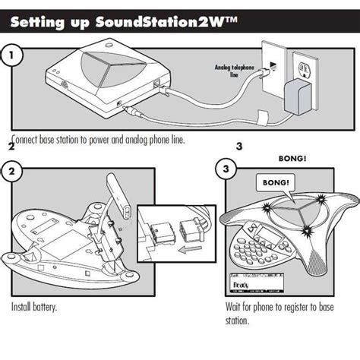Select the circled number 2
[x=11, y=171]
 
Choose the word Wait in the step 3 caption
[x=235, y=308]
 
